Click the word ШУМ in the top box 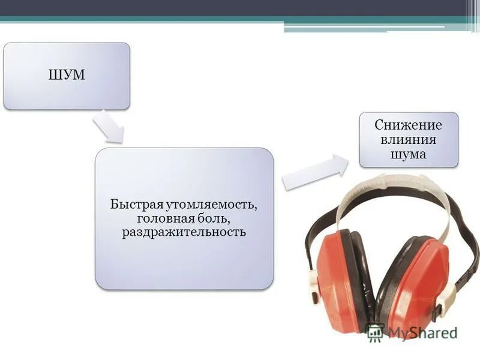[67, 76]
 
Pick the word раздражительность [184, 232]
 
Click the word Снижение [408, 125]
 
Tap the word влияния [408, 140]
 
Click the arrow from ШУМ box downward [108, 127]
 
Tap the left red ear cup [336, 276]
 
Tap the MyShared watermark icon [376, 332]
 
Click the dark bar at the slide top [240, 7]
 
